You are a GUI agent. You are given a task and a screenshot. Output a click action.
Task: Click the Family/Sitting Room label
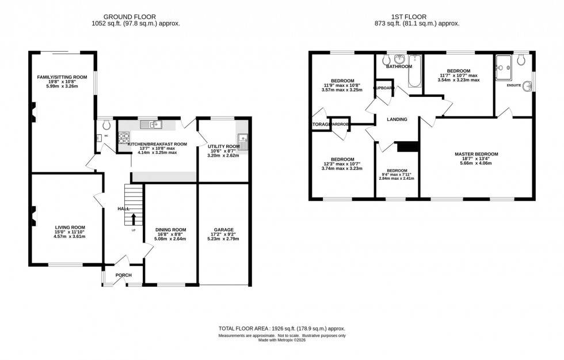[62, 77]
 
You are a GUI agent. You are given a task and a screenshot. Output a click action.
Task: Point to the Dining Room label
[171, 229]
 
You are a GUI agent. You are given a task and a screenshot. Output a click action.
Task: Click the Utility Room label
[223, 147]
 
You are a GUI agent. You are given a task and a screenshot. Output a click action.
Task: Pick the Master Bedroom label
[476, 154]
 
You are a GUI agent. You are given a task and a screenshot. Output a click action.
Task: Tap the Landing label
[397, 119]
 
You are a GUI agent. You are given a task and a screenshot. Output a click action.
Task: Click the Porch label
[123, 275]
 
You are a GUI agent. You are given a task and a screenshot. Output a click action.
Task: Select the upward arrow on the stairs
[134, 219]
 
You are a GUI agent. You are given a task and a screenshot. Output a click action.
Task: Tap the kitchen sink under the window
[153, 124]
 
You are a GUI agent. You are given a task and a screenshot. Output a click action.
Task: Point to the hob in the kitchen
[123, 138]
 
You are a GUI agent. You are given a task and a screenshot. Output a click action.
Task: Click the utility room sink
[243, 139]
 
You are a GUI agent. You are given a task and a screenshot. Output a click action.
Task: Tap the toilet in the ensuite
[522, 60]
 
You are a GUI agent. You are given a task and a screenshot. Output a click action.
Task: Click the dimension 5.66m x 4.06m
[476, 162]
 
